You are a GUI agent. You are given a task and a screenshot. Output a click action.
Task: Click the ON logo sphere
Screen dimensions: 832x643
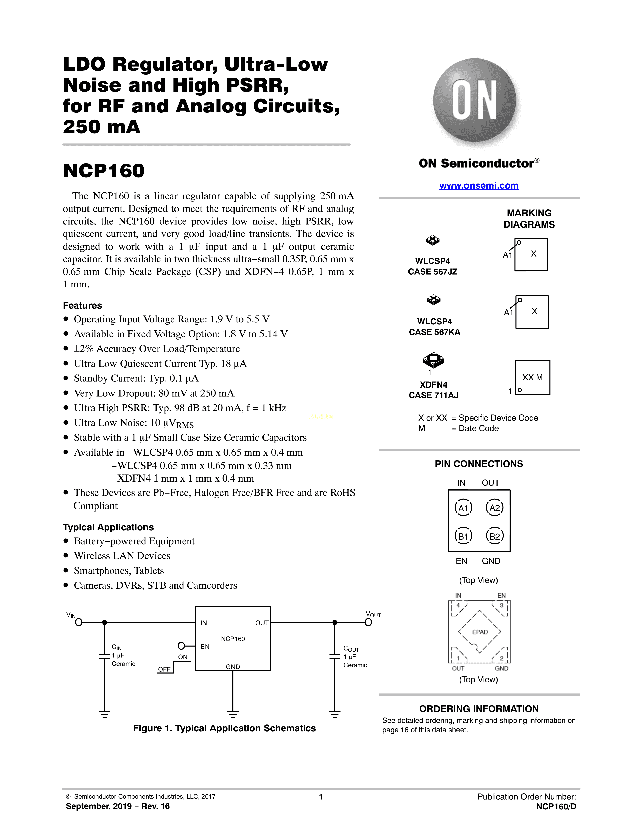[475, 101]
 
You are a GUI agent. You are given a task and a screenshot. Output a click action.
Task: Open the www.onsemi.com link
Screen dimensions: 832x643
[479, 186]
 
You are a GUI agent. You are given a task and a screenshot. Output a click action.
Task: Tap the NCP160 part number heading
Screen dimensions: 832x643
[104, 171]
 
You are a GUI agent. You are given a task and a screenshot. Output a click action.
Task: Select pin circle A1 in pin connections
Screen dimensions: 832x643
[463, 508]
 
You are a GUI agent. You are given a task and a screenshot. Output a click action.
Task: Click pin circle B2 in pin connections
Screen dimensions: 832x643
[494, 536]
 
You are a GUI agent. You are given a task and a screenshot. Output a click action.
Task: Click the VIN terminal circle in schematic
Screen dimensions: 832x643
[79, 622]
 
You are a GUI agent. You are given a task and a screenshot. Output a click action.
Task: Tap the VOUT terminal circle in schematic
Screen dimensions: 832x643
[368, 622]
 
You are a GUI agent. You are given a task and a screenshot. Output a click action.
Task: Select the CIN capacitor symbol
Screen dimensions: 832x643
[105, 656]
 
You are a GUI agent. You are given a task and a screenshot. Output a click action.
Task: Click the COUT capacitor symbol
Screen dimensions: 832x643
[335, 656]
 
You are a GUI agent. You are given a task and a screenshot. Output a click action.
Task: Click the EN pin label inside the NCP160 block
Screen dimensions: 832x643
[205, 646]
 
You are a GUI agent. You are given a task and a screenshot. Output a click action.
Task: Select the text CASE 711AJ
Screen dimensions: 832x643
[433, 395]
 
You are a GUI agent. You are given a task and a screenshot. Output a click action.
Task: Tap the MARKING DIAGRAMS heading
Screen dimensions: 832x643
[529, 219]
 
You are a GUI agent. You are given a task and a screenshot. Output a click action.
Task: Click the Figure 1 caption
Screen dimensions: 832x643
[224, 728]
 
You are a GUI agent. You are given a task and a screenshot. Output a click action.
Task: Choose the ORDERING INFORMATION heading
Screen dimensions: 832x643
[479, 709]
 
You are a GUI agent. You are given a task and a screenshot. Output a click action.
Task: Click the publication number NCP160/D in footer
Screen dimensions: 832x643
[556, 807]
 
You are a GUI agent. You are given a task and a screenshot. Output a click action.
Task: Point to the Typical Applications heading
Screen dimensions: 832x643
[108, 527]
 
